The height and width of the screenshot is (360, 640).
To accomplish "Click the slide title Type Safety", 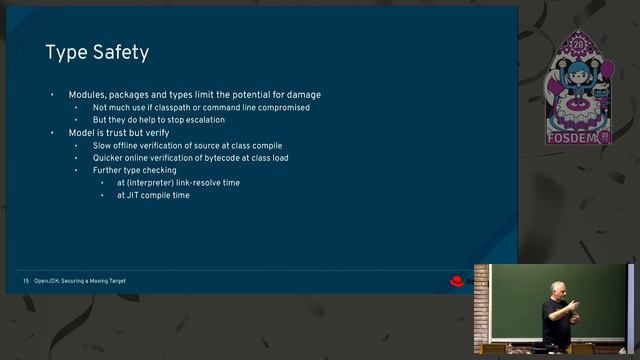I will tap(97, 52).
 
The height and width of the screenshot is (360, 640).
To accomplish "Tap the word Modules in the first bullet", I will tap(87, 95).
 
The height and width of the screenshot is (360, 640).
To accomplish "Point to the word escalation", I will tap(207, 120).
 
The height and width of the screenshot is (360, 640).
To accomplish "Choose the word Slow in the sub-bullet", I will tap(103, 146).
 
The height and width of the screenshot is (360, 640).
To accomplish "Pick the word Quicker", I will tap(109, 158).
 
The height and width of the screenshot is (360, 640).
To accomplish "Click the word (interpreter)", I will tap(151, 183).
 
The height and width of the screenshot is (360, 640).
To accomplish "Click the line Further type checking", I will tap(134, 170).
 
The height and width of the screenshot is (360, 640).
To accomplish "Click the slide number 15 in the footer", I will tap(26, 281).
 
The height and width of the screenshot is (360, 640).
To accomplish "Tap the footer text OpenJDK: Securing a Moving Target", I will tap(81, 281).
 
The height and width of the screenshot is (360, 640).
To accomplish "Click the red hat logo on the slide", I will tap(456, 281).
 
